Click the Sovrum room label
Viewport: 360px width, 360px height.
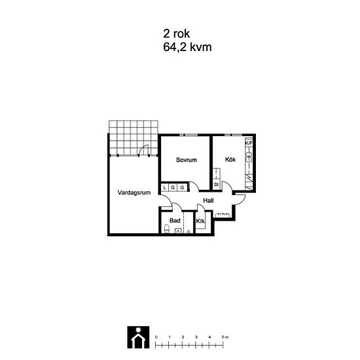tap(186, 160)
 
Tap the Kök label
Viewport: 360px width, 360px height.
tap(230, 159)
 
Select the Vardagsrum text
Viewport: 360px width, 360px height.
tap(134, 192)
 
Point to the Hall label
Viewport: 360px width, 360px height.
tap(208, 200)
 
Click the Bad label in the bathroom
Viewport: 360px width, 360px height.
tap(175, 221)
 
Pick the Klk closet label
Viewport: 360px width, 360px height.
tap(200, 221)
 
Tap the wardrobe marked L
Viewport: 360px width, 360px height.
tap(164, 187)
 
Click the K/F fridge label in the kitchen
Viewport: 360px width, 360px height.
tap(249, 143)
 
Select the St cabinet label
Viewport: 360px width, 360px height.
tap(216, 184)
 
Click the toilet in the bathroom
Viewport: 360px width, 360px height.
tap(167, 228)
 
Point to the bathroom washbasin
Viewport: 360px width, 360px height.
tap(178, 230)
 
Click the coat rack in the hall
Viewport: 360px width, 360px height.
tap(222, 215)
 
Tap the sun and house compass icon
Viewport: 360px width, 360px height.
tap(138, 337)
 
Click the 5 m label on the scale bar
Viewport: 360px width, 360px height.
tap(225, 337)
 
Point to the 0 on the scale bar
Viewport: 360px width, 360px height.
tap(156, 337)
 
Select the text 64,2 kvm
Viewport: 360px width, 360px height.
tap(187, 47)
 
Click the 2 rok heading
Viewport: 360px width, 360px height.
tap(176, 34)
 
